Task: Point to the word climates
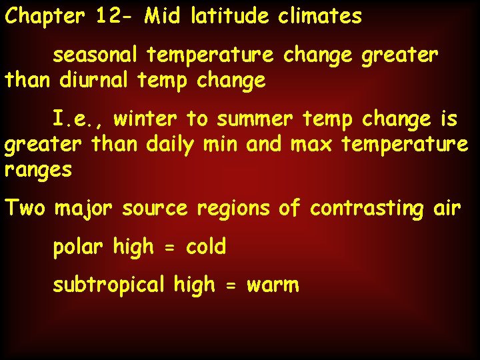pos(320,16)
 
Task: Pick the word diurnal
pos(95,81)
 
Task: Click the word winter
pos(145,119)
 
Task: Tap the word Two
pos(25,208)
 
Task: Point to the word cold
pos(206,247)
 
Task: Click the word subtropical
pos(109,285)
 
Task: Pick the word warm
pos(273,286)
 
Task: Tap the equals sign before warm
pos(230,286)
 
